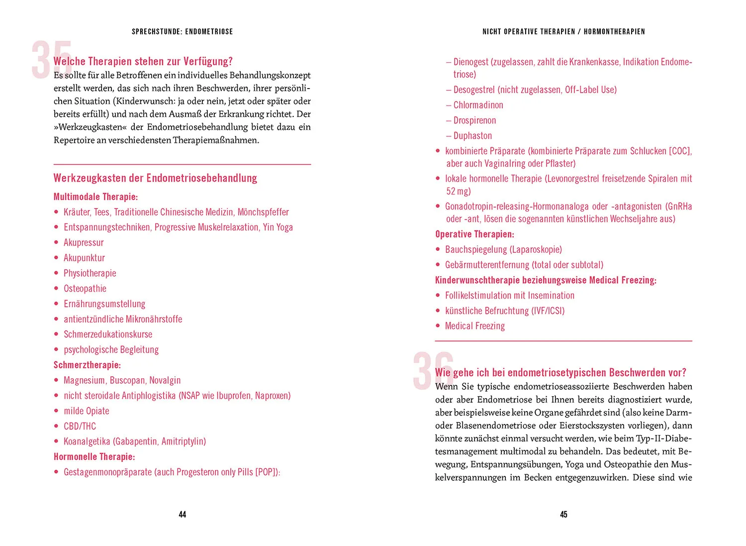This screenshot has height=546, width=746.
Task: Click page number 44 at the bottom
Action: pyautogui.click(x=183, y=514)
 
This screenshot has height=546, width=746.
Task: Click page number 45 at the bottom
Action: pyautogui.click(x=563, y=514)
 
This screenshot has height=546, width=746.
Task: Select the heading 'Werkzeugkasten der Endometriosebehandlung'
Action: pyautogui.click(x=155, y=178)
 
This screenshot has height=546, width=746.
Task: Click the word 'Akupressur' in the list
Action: pyautogui.click(x=84, y=242)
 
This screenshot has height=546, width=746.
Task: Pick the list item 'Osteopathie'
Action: pyautogui.click(x=85, y=289)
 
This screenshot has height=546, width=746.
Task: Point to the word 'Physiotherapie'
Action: pyautogui.click(x=90, y=273)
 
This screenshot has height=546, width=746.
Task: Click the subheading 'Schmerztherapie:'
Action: pyautogui.click(x=87, y=365)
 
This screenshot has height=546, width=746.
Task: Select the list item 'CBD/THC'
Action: pyautogui.click(x=80, y=426)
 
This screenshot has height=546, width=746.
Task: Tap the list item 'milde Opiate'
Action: pyautogui.click(x=87, y=411)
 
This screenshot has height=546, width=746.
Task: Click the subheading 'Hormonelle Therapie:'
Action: pyautogui.click(x=94, y=457)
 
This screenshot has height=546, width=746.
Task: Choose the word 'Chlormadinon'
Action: pyautogui.click(x=478, y=105)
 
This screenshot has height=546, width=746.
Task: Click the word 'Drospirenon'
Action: pyautogui.click(x=475, y=120)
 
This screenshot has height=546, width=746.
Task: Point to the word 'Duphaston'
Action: pyautogui.click(x=473, y=136)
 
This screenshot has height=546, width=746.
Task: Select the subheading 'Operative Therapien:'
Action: pyautogui.click(x=474, y=234)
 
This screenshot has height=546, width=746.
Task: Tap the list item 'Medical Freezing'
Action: pyautogui.click(x=475, y=326)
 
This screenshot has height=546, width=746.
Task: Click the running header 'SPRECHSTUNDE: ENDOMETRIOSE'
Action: pyautogui.click(x=182, y=31)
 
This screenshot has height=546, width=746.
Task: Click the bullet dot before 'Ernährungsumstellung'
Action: pyautogui.click(x=56, y=304)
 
